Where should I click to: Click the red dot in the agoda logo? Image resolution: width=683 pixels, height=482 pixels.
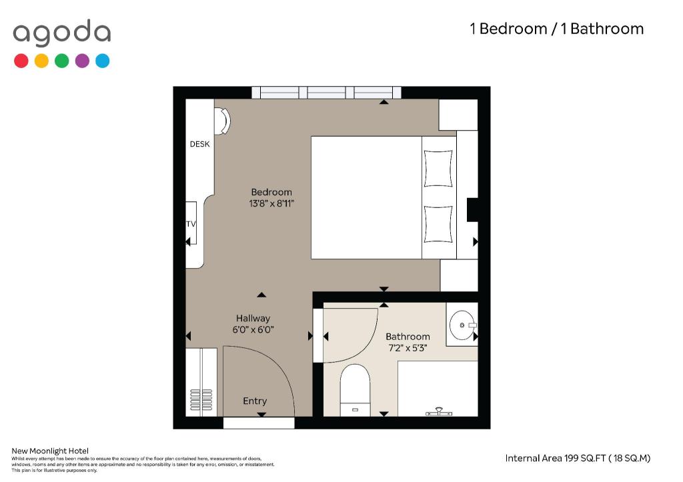tap(21, 61)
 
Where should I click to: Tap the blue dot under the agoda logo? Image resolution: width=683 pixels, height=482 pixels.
tap(102, 61)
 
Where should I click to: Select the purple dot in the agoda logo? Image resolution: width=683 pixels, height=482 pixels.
tap(82, 61)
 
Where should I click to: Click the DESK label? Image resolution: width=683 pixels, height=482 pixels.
tap(199, 144)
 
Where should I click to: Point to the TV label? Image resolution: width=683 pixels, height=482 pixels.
tap(191, 224)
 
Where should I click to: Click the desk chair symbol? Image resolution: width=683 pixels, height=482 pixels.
tap(222, 121)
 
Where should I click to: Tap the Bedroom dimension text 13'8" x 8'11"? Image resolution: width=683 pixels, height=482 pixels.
tap(271, 203)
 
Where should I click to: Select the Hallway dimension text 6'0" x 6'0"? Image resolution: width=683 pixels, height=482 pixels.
tap(253, 329)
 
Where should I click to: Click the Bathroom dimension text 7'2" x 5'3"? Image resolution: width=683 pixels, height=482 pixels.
tap(408, 348)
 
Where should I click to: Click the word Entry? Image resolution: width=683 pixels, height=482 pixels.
tap(255, 401)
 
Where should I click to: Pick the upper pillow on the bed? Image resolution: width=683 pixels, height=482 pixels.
tap(438, 169)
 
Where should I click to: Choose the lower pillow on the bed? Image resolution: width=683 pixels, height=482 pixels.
tap(438, 224)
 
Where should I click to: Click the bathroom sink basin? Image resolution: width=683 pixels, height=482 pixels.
tap(462, 325)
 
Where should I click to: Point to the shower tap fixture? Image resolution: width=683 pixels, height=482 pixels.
tap(439, 412)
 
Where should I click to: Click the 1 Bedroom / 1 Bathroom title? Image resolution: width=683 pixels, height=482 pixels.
tap(557, 29)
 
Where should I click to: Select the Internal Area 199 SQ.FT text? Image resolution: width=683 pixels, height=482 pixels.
tap(578, 458)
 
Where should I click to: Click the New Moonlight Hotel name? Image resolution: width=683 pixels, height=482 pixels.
tap(50, 451)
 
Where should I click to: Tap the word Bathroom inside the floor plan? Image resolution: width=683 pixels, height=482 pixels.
tap(408, 337)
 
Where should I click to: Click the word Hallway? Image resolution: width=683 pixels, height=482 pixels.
tap(253, 318)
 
